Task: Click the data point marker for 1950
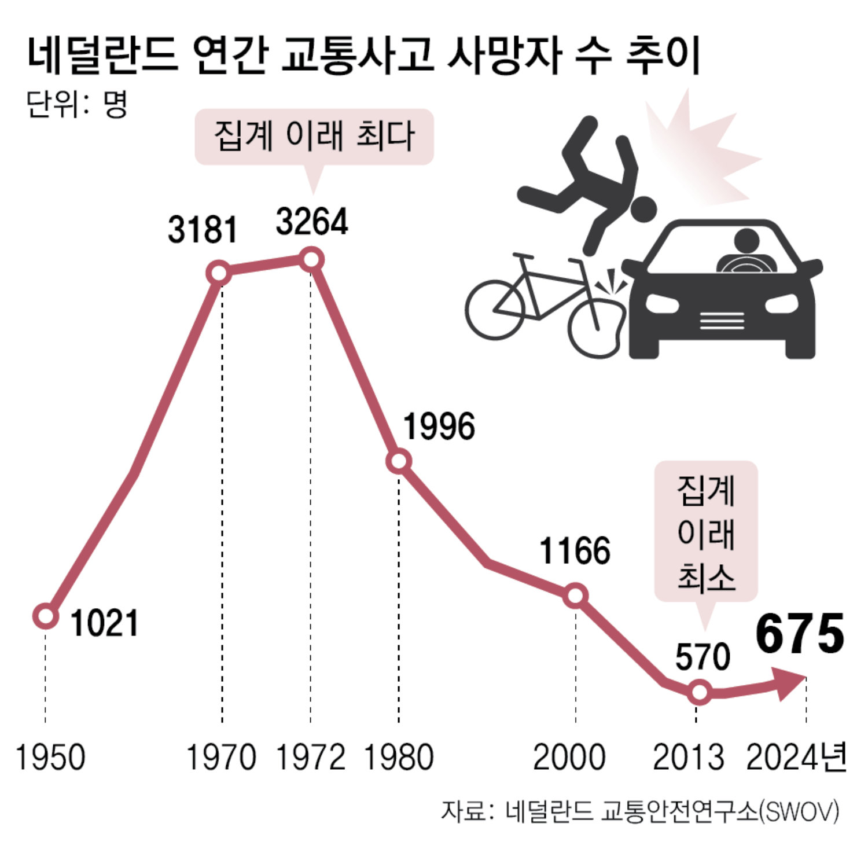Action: point(46,616)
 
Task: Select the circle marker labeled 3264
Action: point(311,259)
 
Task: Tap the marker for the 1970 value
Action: point(220,273)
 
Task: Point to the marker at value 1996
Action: point(399,461)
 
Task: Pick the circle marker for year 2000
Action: point(576,596)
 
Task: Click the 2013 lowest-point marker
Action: point(700,692)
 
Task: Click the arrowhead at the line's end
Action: point(790,683)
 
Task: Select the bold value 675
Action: point(800,635)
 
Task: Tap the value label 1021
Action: point(105,623)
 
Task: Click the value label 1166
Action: point(575,550)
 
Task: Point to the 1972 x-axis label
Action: point(311,758)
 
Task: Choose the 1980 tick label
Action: point(399,758)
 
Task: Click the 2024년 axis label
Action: point(796,758)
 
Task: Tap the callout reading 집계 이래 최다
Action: point(314,137)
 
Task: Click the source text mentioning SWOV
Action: point(639,812)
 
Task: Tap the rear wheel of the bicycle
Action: point(495,309)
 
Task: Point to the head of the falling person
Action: point(643,209)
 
